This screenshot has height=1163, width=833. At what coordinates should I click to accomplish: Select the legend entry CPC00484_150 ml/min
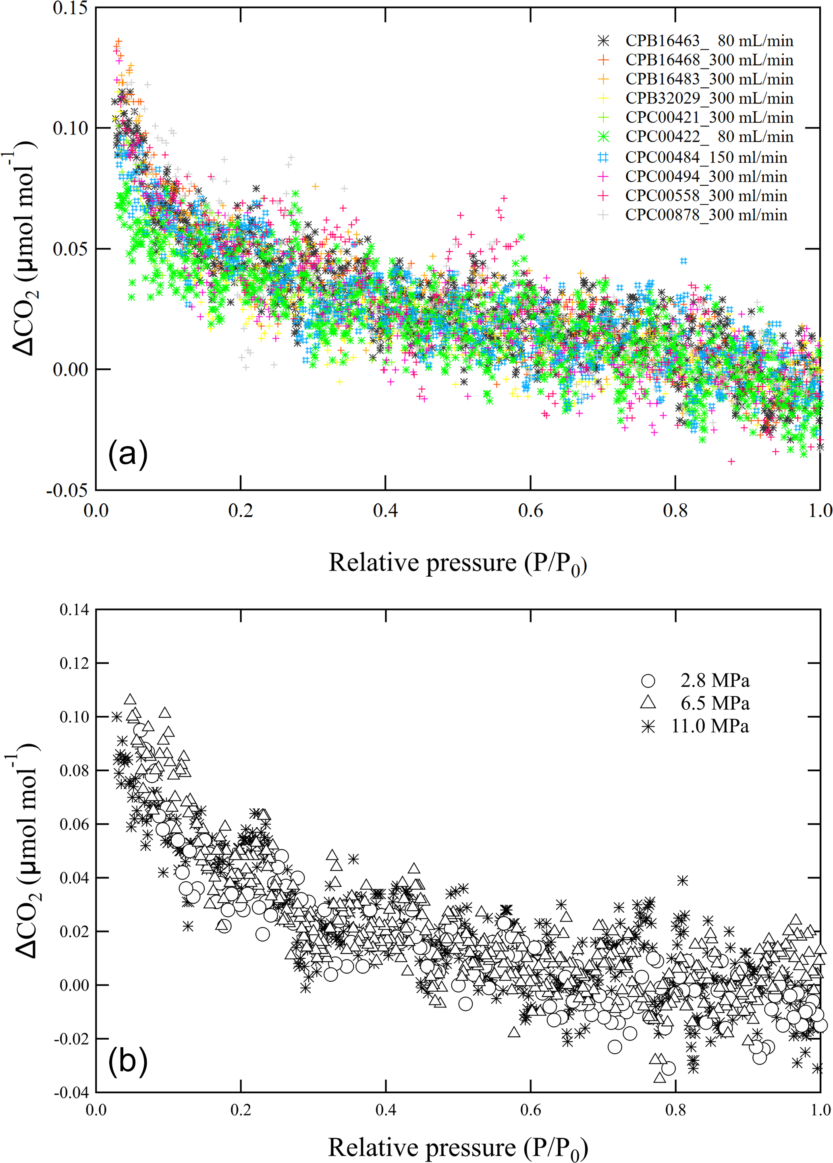point(706,158)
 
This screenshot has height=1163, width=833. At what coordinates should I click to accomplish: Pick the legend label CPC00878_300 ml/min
point(706,215)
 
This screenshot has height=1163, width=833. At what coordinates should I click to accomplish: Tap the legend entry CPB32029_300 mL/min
point(709,98)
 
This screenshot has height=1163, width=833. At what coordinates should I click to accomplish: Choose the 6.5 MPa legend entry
point(715,704)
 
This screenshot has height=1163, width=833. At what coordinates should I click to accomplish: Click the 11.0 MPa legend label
point(710,726)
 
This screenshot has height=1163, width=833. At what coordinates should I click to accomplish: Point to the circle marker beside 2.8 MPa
point(648,681)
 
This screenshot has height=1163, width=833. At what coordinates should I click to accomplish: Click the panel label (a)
point(128,454)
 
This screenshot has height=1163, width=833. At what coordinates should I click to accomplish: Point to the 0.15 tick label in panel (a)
point(70,8)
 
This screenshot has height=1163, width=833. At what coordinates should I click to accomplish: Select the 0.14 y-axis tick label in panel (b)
point(75,610)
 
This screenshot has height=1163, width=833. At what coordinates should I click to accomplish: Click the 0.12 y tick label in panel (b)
point(75,664)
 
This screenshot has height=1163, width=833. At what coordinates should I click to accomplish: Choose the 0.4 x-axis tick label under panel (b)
point(385,1110)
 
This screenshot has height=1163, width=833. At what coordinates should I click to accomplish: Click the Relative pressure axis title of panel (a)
point(457,563)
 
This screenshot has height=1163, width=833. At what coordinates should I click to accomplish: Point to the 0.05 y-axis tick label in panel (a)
point(70,249)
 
